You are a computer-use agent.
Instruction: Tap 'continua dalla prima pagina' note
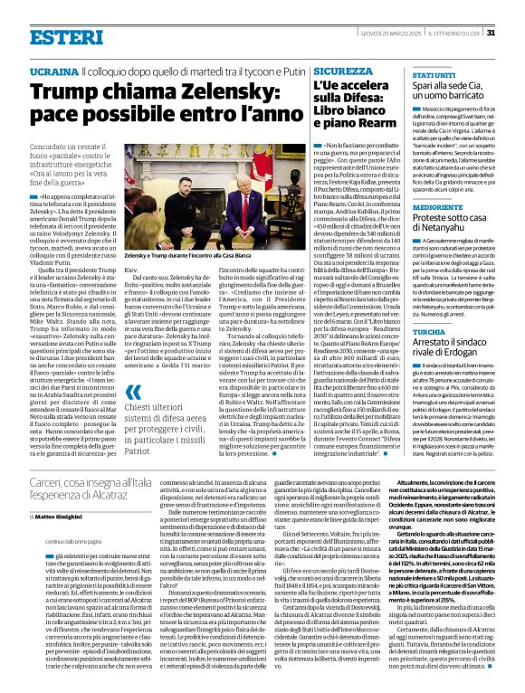57,541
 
